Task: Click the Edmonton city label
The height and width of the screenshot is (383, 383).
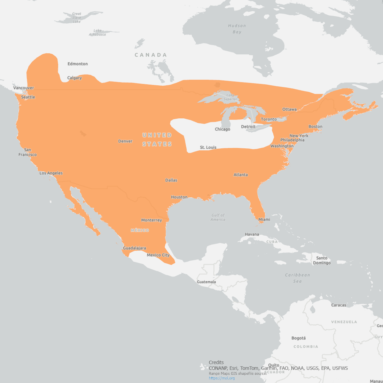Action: point(78,64)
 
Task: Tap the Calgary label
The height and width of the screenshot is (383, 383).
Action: point(75,78)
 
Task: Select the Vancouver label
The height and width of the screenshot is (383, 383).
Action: point(24,88)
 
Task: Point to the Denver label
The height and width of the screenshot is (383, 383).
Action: point(125,141)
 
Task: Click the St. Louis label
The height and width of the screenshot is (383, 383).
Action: point(208,147)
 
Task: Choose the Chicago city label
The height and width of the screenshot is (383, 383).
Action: point(222,129)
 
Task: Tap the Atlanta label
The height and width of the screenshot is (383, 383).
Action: point(241,175)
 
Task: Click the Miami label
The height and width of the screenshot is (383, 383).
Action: point(264,219)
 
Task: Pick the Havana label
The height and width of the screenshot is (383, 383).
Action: point(252,234)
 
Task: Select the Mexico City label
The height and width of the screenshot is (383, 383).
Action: point(158,255)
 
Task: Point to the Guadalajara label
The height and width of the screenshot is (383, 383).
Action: point(134,248)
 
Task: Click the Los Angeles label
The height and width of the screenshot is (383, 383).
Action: point(51,173)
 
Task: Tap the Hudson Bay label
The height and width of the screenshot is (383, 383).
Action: point(237,29)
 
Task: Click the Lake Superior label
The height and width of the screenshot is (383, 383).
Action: point(230,97)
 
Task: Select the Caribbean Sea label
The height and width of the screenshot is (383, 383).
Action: point(297,278)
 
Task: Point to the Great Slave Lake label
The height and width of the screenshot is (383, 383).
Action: point(77,18)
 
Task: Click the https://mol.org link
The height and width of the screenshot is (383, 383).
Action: point(222,378)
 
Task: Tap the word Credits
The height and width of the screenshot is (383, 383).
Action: point(216,362)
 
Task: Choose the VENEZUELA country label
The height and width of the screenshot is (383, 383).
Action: point(344,322)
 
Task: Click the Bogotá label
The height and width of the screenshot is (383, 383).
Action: point(298,338)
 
